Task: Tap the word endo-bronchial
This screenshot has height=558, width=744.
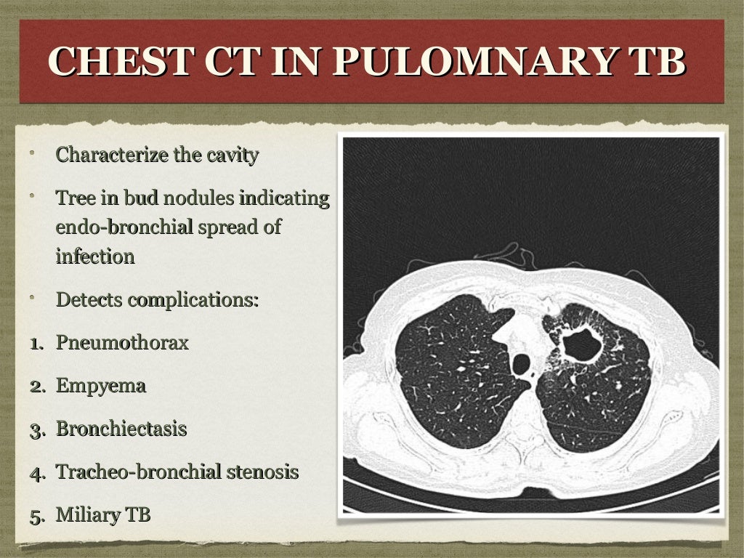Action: pyautogui.click(x=124, y=227)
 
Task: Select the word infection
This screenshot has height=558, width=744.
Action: pyautogui.click(x=94, y=256)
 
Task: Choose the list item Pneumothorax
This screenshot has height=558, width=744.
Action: pyautogui.click(x=122, y=343)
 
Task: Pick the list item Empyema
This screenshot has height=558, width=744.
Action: pyautogui.click(x=100, y=386)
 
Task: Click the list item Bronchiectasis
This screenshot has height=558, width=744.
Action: pyautogui.click(x=121, y=429)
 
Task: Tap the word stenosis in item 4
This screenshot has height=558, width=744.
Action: pyautogui.click(x=262, y=472)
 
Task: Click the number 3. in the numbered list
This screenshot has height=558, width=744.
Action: pyautogui.click(x=38, y=429)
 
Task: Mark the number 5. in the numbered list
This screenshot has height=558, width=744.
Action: pyautogui.click(x=38, y=516)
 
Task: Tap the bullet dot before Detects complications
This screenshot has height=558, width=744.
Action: pyautogui.click(x=32, y=297)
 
